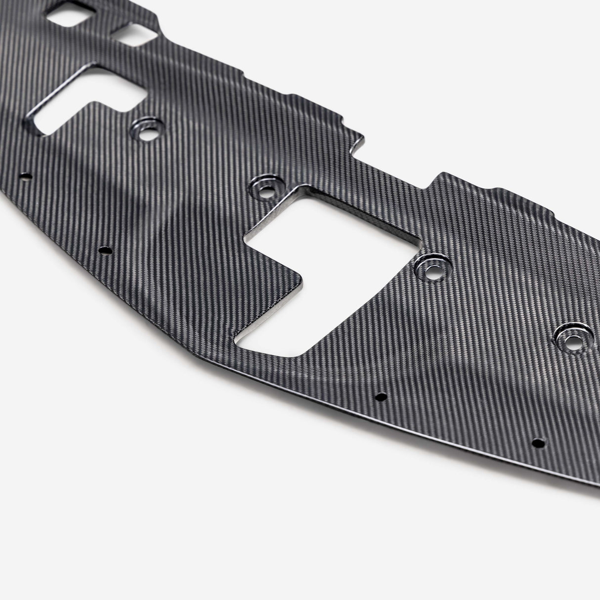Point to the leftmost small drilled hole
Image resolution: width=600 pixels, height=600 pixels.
26,175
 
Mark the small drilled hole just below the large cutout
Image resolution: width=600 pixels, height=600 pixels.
381,397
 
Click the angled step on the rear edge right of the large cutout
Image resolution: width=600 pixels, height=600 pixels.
437,178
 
